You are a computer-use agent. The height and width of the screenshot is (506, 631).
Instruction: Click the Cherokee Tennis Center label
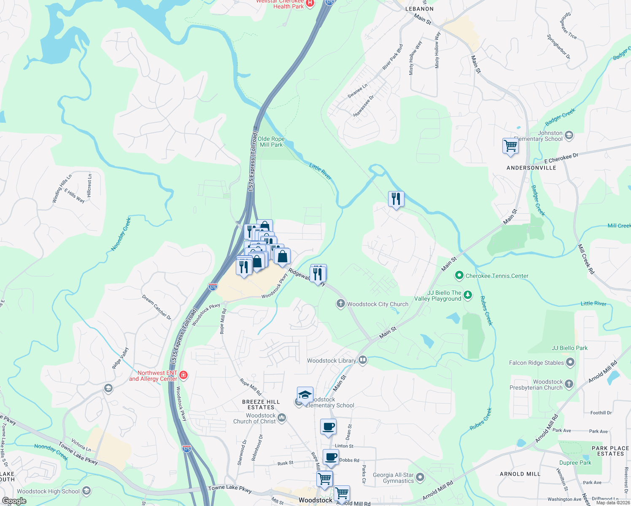497,276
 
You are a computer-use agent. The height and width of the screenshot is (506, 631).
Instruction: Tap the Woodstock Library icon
363,360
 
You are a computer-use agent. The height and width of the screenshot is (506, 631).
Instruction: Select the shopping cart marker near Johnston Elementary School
510,146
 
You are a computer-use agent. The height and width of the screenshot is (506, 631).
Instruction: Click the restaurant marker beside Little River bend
396,199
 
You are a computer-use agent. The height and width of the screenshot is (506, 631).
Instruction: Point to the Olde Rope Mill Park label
271,142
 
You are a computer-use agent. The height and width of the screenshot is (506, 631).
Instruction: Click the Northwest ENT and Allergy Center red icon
183,375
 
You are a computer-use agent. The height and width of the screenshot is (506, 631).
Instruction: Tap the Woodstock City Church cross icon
341,304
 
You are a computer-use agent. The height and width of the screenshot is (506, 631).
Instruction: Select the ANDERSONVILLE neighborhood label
531,168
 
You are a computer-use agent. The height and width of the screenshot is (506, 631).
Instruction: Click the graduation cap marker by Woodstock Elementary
305,396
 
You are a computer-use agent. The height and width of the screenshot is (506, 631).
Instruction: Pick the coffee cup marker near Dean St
328,427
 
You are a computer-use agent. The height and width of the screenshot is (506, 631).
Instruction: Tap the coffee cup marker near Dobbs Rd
331,458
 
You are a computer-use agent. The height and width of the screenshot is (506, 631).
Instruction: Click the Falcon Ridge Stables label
536,363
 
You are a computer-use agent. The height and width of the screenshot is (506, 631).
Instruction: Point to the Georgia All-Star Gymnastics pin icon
420,477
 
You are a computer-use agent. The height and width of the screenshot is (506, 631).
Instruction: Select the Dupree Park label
575,463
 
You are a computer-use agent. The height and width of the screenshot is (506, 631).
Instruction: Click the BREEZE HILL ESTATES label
261,404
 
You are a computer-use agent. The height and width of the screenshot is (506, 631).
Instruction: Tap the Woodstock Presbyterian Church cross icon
569,384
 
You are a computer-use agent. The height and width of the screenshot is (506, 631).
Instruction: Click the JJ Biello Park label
569,348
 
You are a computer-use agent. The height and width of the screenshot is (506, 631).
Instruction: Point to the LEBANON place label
419,9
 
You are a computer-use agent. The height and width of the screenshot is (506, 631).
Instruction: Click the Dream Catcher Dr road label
156,307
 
